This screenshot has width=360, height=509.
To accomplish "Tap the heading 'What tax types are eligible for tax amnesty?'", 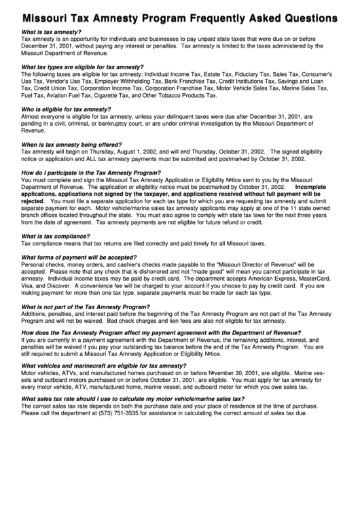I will tap(83, 67).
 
